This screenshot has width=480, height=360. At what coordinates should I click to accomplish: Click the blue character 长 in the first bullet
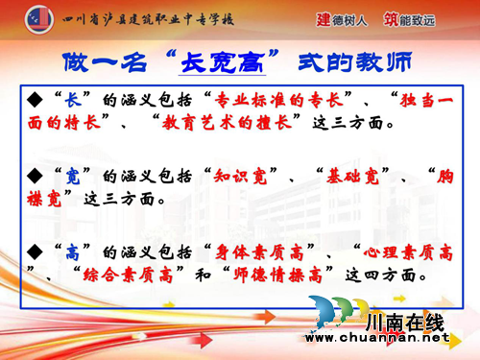(70, 99)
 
